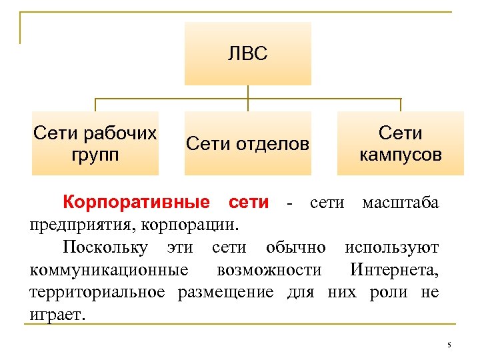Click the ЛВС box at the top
(247, 53)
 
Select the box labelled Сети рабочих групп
(95, 143)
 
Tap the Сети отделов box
(247, 143)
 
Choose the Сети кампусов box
(400, 143)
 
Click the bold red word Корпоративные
(136, 202)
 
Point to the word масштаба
(400, 202)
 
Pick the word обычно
(296, 247)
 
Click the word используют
(392, 247)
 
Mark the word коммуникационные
(109, 270)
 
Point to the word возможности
(269, 270)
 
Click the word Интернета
(393, 270)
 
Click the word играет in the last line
(57, 314)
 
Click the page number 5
(449, 345)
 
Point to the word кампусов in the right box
(400, 155)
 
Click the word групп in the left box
(95, 155)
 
